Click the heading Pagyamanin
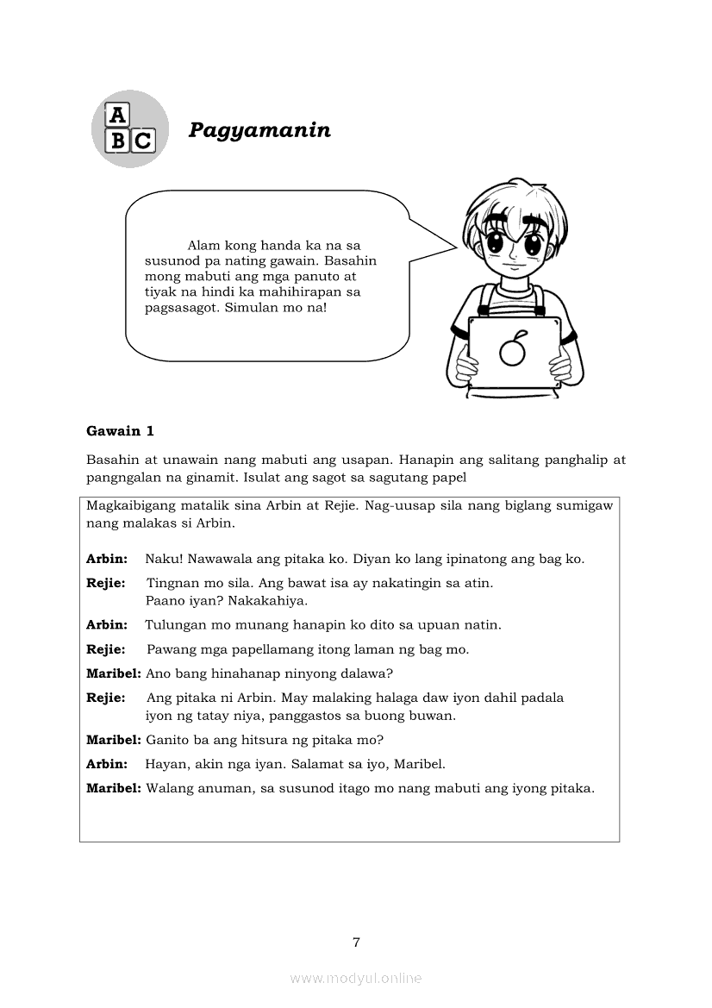(x=259, y=130)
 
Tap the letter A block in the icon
(x=116, y=115)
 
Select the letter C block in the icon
(x=142, y=141)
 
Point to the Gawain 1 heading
(x=120, y=431)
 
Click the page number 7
(x=356, y=942)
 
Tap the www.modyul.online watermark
(x=356, y=978)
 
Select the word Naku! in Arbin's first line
(x=162, y=559)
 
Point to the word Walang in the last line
(x=169, y=788)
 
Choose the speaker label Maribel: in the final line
(x=114, y=788)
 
